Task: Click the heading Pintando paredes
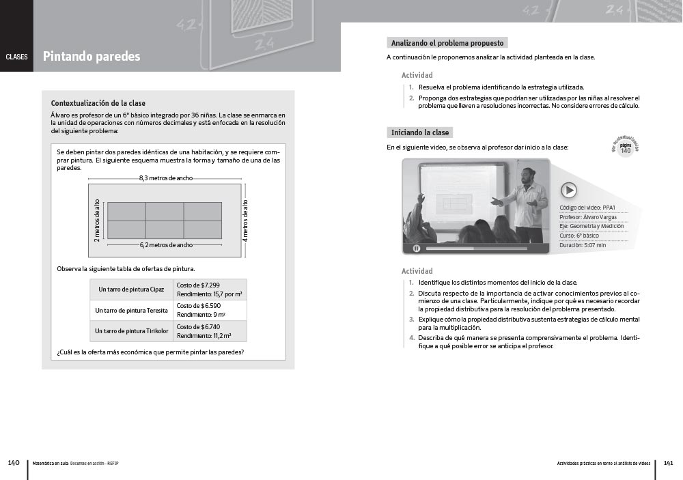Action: tap(92, 57)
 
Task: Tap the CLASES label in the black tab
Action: tap(16, 57)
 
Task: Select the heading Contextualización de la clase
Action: tap(98, 103)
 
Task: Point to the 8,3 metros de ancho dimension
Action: tap(165, 178)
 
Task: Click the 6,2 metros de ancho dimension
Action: tap(166, 244)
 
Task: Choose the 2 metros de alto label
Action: tap(97, 221)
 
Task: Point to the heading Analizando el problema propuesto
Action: tap(447, 42)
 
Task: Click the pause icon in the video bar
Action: tap(417, 248)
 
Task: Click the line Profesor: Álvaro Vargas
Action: tap(588, 217)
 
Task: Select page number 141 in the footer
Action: tap(668, 463)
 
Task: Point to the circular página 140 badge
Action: tap(626, 148)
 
